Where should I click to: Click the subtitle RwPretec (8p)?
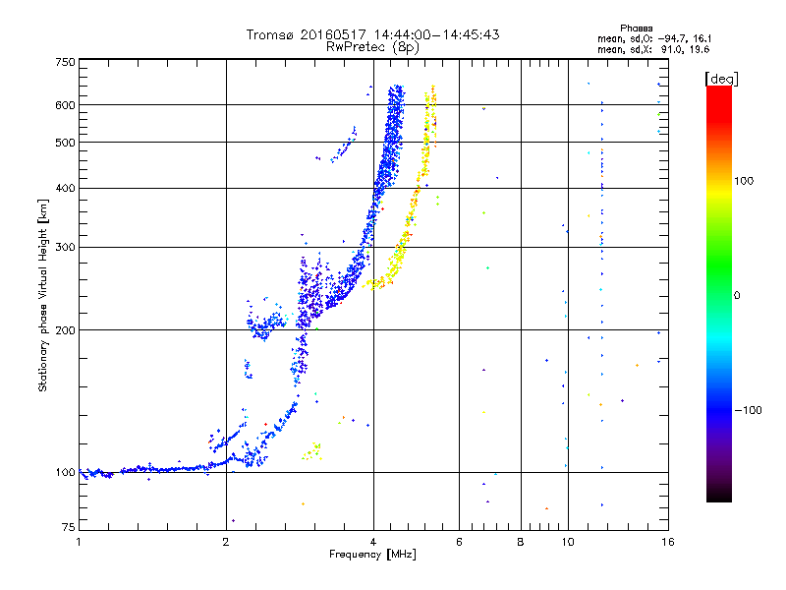(x=372, y=47)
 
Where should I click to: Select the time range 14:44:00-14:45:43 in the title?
(x=436, y=34)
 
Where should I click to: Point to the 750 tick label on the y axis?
(x=65, y=62)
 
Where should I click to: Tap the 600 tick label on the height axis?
(x=65, y=105)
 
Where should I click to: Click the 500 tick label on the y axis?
(x=65, y=143)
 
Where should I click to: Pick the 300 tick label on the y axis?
(x=65, y=248)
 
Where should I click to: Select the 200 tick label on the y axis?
(x=65, y=330)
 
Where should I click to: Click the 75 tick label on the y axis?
(x=69, y=527)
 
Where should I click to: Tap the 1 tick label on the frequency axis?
(x=79, y=542)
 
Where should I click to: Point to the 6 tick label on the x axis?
(x=459, y=542)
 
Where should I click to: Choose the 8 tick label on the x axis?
(x=521, y=542)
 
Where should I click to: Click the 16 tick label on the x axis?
(x=668, y=542)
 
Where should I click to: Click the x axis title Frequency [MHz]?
(x=372, y=555)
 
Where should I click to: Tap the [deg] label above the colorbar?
(x=721, y=79)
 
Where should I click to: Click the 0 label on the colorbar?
(x=737, y=296)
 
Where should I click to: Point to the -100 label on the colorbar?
(x=748, y=410)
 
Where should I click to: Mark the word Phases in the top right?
(x=636, y=29)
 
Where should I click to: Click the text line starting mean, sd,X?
(x=653, y=49)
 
